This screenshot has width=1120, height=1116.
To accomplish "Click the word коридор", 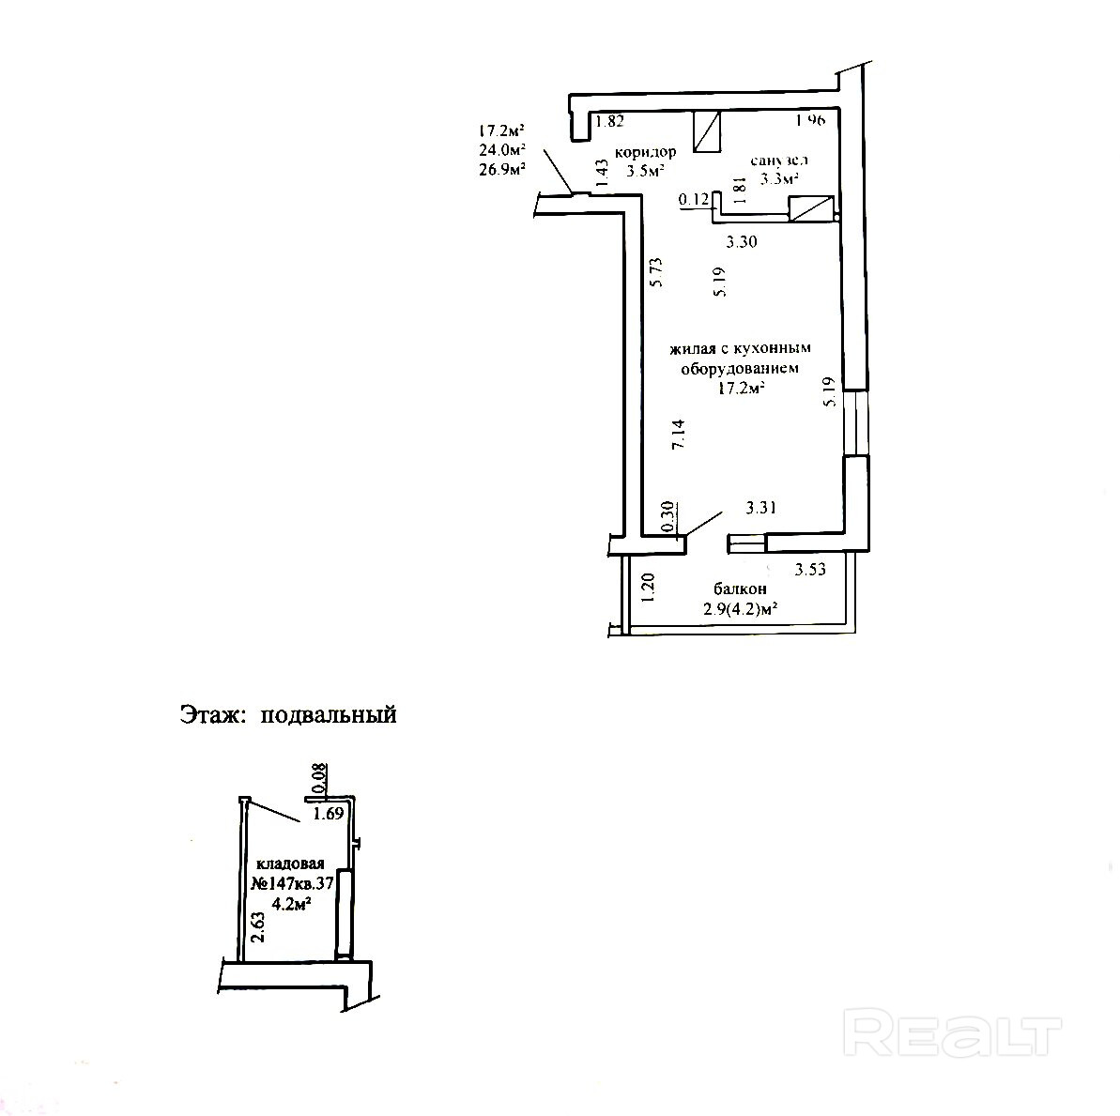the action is tap(645, 152).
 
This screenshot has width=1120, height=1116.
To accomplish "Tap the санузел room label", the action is tap(778, 160).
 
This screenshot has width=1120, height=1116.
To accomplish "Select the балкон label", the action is tap(740, 589).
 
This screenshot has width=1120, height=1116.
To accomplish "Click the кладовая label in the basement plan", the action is tap(290, 864).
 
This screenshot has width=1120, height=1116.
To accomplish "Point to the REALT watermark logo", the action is tap(953, 1034).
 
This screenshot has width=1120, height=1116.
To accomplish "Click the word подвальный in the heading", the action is tap(329, 715).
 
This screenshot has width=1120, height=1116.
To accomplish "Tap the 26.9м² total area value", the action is tap(502, 169).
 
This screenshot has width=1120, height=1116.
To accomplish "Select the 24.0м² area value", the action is tap(502, 149).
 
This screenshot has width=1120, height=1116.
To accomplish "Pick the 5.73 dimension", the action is tap(658, 272).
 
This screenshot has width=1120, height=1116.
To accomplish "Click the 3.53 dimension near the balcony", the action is tap(810, 569).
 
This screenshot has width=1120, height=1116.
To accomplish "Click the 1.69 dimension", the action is tap(329, 814).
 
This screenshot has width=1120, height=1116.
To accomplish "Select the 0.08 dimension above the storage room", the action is tap(318, 778).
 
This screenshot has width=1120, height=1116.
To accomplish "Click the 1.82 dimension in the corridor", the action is tap(610, 120).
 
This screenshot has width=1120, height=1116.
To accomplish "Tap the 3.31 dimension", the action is tap(761, 509).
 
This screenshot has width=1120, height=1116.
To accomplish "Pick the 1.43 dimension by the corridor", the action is tap(602, 170).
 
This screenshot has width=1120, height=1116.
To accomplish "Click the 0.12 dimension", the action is tap(693, 199).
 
